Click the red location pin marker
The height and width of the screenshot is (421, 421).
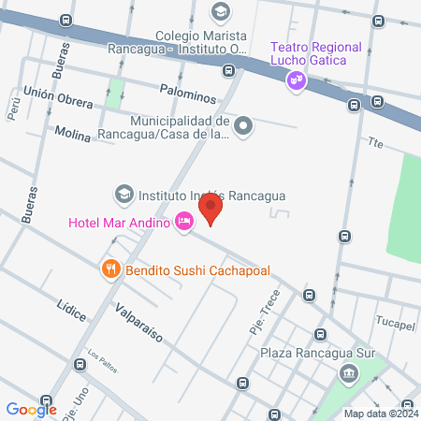213,210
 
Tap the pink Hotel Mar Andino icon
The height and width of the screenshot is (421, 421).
183,222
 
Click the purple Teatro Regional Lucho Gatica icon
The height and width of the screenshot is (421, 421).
296,81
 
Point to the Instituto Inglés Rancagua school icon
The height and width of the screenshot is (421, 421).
123,196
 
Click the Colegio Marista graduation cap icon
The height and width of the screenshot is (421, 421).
220,11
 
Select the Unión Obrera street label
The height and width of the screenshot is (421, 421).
58,97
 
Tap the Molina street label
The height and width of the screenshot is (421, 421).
72,135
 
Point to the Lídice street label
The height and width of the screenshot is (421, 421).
71,307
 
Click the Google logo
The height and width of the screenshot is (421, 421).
31,409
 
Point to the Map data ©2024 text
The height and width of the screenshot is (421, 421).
380,414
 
